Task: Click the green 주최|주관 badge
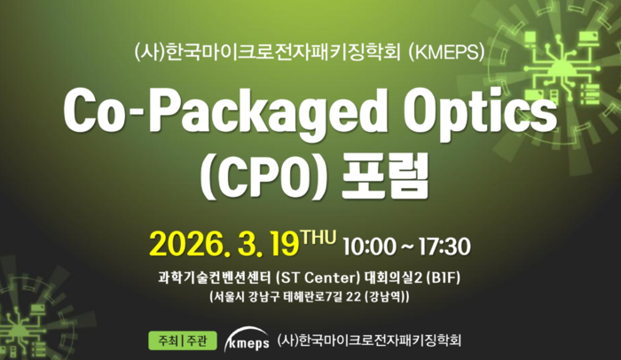pos(183,340)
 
